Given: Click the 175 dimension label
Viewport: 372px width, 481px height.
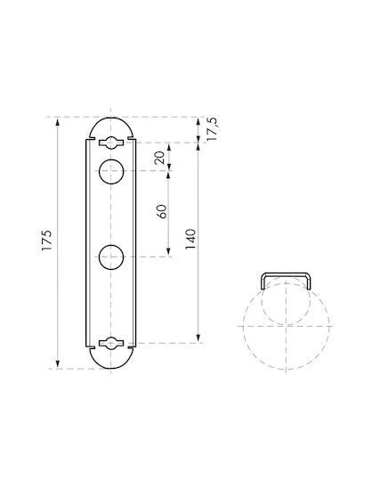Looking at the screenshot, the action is [x=47, y=240].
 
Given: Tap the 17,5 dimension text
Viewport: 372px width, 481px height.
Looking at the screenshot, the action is [x=212, y=129].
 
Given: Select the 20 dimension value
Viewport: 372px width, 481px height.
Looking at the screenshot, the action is [x=159, y=158].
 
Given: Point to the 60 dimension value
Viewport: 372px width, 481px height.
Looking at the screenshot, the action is [x=161, y=211].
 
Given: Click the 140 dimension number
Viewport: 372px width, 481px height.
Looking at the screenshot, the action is [x=190, y=239].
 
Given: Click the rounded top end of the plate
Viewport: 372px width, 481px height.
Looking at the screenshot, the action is [x=111, y=118].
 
